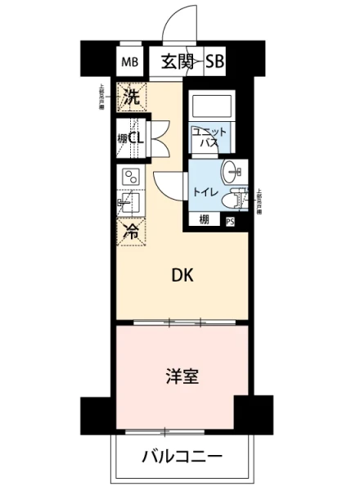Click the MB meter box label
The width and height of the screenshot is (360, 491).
point(130,62)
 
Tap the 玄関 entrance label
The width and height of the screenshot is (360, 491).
point(178,61)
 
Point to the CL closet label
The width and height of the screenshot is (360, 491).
point(136,137)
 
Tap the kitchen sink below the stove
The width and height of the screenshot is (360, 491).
point(131,204)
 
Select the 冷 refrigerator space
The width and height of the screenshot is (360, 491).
point(131,232)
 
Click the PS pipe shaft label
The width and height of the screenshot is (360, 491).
point(231,221)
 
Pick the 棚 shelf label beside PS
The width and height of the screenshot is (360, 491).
point(204,220)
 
